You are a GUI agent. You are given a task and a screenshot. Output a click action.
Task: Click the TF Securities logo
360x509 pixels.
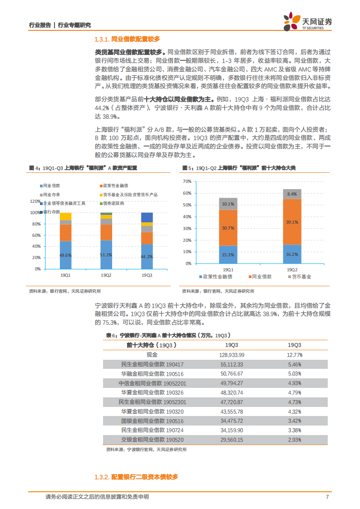click(x=308, y=21)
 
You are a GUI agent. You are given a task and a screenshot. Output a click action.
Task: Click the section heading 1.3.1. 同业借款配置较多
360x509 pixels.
click(x=128, y=39)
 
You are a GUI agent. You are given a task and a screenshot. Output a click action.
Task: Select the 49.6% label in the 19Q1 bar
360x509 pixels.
click(x=65, y=255)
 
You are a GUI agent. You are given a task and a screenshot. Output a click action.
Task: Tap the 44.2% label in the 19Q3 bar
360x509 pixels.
click(x=147, y=257)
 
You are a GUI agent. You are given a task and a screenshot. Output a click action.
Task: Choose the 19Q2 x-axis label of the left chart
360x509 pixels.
click(x=106, y=275)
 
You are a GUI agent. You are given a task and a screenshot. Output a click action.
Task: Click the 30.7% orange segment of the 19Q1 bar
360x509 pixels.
click(x=228, y=228)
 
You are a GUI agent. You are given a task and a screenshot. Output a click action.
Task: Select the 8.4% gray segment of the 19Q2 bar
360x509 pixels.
click(x=292, y=194)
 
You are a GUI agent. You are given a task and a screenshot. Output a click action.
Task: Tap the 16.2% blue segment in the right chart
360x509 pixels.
click(x=292, y=254)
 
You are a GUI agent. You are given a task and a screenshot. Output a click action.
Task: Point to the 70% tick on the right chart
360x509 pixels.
click(x=187, y=181)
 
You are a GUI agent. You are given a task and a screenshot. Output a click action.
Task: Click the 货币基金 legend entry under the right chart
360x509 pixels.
click(x=300, y=276)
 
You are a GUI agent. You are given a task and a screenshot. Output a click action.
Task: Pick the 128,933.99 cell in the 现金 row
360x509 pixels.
click(x=232, y=355)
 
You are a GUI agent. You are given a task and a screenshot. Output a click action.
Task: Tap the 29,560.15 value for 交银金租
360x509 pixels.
click(x=232, y=440)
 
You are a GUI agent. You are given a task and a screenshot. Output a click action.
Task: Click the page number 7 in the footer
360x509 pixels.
click(x=327, y=497)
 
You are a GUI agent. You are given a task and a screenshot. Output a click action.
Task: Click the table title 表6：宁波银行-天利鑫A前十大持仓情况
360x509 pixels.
click(x=168, y=335)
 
